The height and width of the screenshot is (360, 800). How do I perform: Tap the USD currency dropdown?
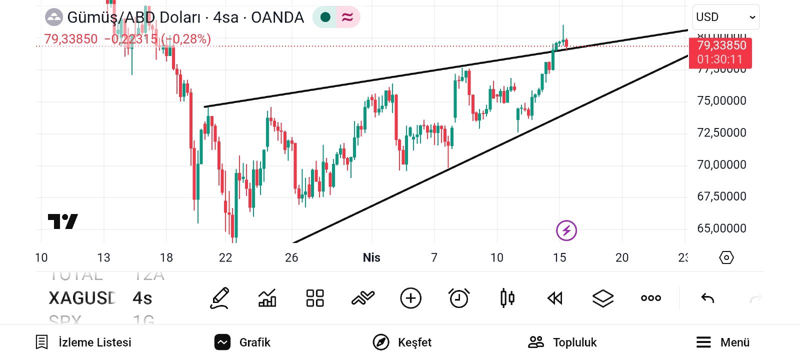725,17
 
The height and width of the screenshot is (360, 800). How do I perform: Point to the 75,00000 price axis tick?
721,100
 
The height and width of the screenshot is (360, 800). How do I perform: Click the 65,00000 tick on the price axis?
721,228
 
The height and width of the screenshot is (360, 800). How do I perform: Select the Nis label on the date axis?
371,257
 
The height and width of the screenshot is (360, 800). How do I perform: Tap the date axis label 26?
291,257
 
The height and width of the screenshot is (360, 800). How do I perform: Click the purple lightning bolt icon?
566,230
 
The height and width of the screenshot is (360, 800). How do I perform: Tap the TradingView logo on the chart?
63,221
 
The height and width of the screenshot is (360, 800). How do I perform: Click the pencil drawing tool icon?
219,298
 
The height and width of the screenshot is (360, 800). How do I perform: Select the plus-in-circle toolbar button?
411,298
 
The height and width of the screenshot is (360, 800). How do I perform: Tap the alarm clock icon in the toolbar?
459,298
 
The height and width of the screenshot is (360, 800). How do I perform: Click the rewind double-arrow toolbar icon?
555,298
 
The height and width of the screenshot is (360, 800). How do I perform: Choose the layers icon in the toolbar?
603,298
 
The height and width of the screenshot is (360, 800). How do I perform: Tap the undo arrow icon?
707,298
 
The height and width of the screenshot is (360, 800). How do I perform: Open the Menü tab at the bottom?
723,342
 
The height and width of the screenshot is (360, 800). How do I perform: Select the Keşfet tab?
402,342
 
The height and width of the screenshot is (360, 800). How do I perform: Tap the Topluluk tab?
562,342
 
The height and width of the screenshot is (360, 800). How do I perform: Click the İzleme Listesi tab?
83,342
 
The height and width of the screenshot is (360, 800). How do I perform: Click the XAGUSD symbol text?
82,298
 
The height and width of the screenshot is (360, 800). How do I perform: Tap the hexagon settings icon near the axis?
726,257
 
